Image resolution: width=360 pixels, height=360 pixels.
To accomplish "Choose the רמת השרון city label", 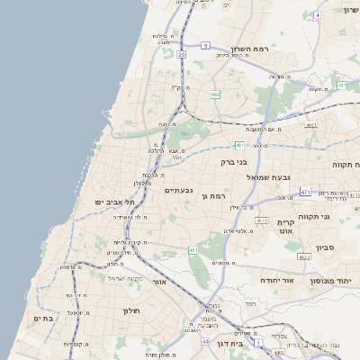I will (250, 49).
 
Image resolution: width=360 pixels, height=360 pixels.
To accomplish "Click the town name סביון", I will (326, 247).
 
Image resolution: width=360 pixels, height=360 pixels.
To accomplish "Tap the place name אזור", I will (160, 282).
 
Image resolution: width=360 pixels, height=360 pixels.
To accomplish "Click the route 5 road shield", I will (205, 45).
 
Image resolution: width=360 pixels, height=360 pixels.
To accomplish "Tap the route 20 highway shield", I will (181, 55).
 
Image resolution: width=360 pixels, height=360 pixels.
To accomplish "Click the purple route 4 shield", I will (317, 16).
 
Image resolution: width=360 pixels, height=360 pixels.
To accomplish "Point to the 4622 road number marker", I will (304, 256).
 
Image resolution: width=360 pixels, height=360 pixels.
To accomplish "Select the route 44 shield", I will (206, 341).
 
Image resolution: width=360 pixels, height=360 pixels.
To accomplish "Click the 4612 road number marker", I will (262, 220).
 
